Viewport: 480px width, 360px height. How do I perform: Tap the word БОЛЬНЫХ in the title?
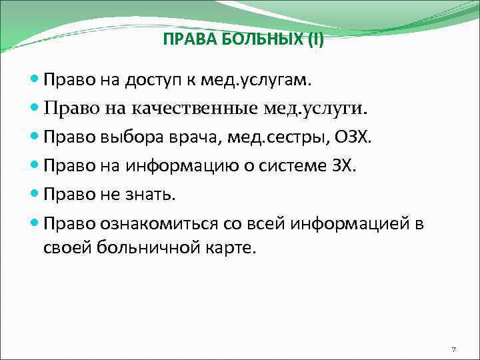(244, 39)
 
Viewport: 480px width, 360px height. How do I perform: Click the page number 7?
(453, 349)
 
